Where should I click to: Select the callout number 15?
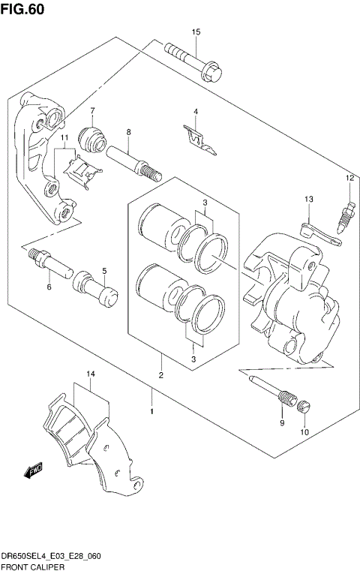click(x=196, y=32)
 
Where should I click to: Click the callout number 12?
click(x=349, y=178)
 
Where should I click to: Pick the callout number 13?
click(x=307, y=199)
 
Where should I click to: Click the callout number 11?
click(x=65, y=138)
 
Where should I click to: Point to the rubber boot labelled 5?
click(x=96, y=293)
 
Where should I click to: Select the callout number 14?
click(x=90, y=374)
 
